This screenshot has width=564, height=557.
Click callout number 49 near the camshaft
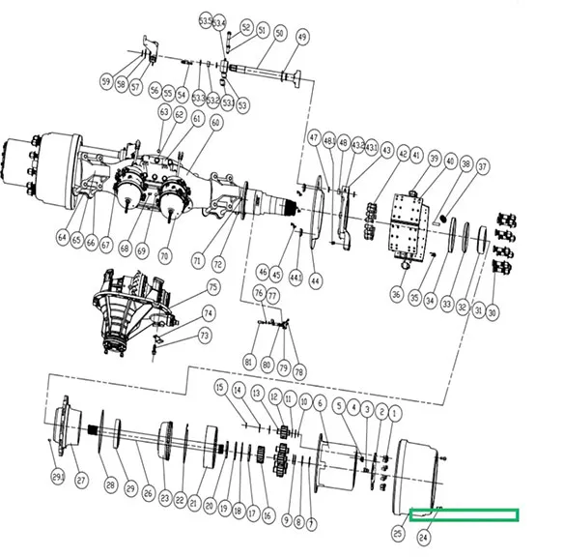click(302, 37)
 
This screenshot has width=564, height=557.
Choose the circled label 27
click(81, 480)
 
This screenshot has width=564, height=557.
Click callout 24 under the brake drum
click(423, 535)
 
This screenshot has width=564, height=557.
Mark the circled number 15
click(220, 389)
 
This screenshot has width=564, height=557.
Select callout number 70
click(164, 257)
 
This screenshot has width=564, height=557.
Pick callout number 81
click(248, 363)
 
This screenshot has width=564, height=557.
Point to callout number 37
click(483, 167)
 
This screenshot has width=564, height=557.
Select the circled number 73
click(204, 336)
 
